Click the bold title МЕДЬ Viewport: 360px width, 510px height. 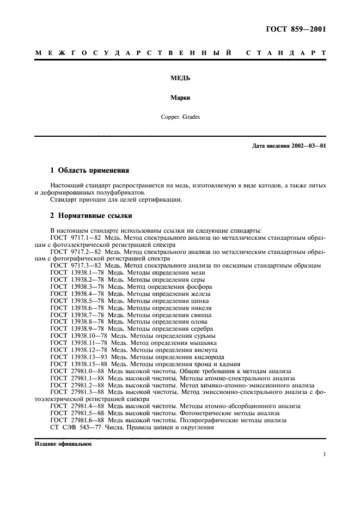click(x=180, y=78)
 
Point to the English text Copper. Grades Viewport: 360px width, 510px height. click(x=180, y=117)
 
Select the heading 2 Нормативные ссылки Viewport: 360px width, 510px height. click(x=91, y=215)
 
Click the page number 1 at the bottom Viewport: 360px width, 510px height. click(x=324, y=454)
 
